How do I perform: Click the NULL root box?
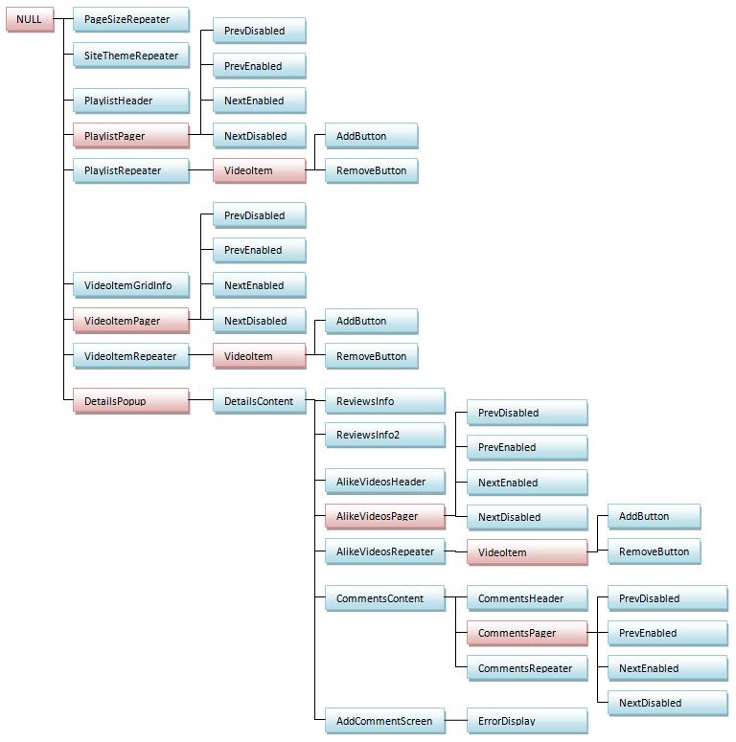pos(30,19)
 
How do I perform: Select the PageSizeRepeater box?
pos(131,19)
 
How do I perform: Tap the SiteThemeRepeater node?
pos(131,56)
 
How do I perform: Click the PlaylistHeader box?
pos(131,101)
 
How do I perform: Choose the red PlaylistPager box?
pos(131,136)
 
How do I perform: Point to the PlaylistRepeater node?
pos(131,170)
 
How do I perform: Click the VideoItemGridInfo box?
pos(131,285)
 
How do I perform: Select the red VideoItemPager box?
pos(131,321)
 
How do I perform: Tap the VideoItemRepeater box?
pos(131,356)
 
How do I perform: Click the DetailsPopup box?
pos(131,401)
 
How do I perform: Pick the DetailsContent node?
pos(260,401)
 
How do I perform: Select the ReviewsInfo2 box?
pos(385,435)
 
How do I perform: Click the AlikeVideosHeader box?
pos(385,482)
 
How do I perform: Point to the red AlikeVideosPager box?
pos(385,516)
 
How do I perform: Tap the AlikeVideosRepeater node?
pos(385,551)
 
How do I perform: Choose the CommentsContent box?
pos(385,598)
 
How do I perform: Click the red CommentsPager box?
pos(527,633)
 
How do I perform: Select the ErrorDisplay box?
pos(527,721)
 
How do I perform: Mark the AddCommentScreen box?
pos(385,721)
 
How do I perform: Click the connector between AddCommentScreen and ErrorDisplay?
pos(456,720)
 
